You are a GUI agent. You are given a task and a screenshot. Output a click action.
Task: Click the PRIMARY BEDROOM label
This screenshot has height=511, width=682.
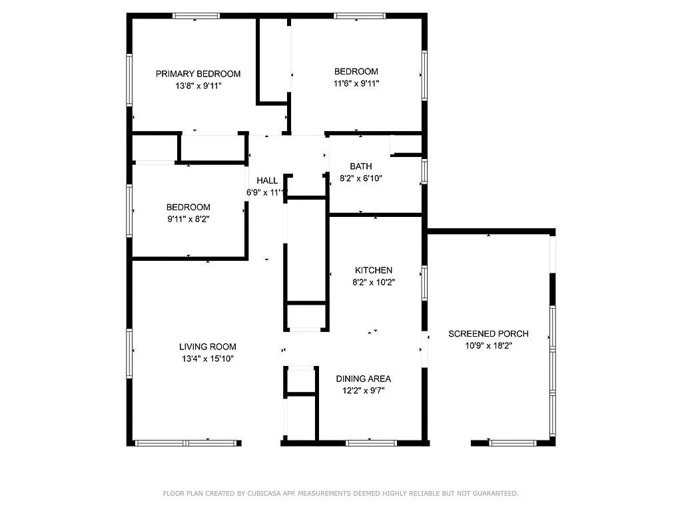tap(198, 74)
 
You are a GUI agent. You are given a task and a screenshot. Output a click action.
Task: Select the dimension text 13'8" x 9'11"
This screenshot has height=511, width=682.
tap(198, 86)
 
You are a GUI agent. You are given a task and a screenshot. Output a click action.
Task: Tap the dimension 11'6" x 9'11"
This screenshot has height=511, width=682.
tap(356, 84)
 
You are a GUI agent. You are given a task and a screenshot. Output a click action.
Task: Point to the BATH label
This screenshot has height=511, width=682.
tap(361, 166)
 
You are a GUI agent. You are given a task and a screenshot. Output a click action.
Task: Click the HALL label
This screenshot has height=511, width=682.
tap(267, 180)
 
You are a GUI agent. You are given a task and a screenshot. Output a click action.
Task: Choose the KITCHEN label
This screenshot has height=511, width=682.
tap(373, 270)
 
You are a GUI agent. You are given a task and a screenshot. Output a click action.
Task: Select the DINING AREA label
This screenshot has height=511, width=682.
tap(363, 379)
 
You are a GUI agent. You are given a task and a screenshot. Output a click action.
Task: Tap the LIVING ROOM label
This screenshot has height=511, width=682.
tap(207, 347)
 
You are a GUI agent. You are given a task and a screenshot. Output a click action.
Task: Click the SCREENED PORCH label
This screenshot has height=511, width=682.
tap(488, 333)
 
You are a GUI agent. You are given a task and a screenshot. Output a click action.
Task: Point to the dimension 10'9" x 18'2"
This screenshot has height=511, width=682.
tap(488, 345)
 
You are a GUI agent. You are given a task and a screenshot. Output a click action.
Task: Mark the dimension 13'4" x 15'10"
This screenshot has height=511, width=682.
tap(207, 359)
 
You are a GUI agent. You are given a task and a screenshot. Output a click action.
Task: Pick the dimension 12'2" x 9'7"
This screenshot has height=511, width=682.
tap(363, 391)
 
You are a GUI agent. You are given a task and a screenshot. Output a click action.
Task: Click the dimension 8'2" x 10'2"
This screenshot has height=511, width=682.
tap(373, 282)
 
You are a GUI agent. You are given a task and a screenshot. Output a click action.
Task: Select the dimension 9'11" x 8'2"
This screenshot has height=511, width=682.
tap(188, 219)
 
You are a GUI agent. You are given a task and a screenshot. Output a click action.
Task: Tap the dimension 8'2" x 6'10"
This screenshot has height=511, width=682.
tap(361, 178)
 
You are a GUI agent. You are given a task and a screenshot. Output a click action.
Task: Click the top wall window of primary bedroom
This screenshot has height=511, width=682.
tap(196, 16)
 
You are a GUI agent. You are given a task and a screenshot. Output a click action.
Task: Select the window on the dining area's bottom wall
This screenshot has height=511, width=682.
tap(371, 442)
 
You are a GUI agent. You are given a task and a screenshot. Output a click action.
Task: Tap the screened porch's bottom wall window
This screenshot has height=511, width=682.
tap(512, 442)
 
